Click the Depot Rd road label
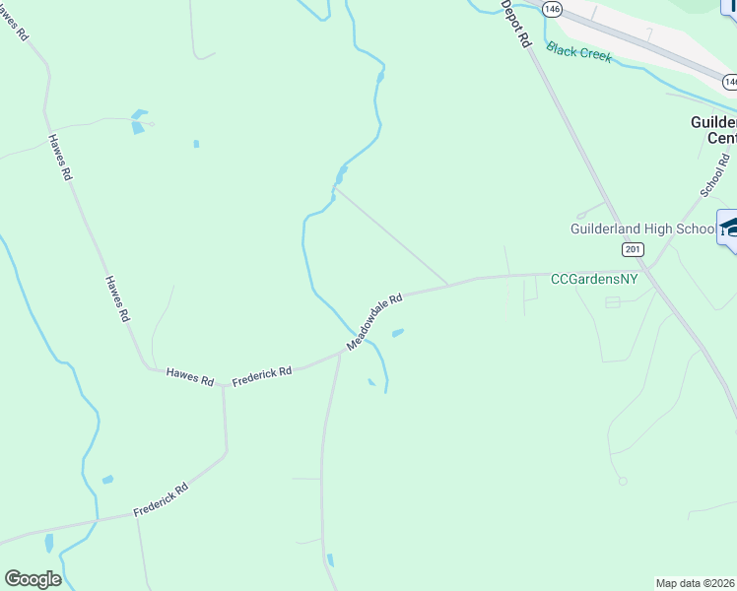(x=516, y=25)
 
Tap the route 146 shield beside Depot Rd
(x=551, y=8)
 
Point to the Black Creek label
(x=579, y=51)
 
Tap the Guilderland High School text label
(x=643, y=229)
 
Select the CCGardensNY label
(x=594, y=279)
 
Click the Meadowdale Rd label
(x=375, y=322)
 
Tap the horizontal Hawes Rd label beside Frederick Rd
(x=190, y=375)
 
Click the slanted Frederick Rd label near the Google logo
(x=161, y=500)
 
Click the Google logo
(x=33, y=579)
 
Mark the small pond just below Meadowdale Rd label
(x=398, y=333)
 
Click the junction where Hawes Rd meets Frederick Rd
(x=223, y=385)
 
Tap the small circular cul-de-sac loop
(x=622, y=481)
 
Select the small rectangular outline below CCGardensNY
(x=613, y=302)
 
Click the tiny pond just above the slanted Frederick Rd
(x=107, y=480)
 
